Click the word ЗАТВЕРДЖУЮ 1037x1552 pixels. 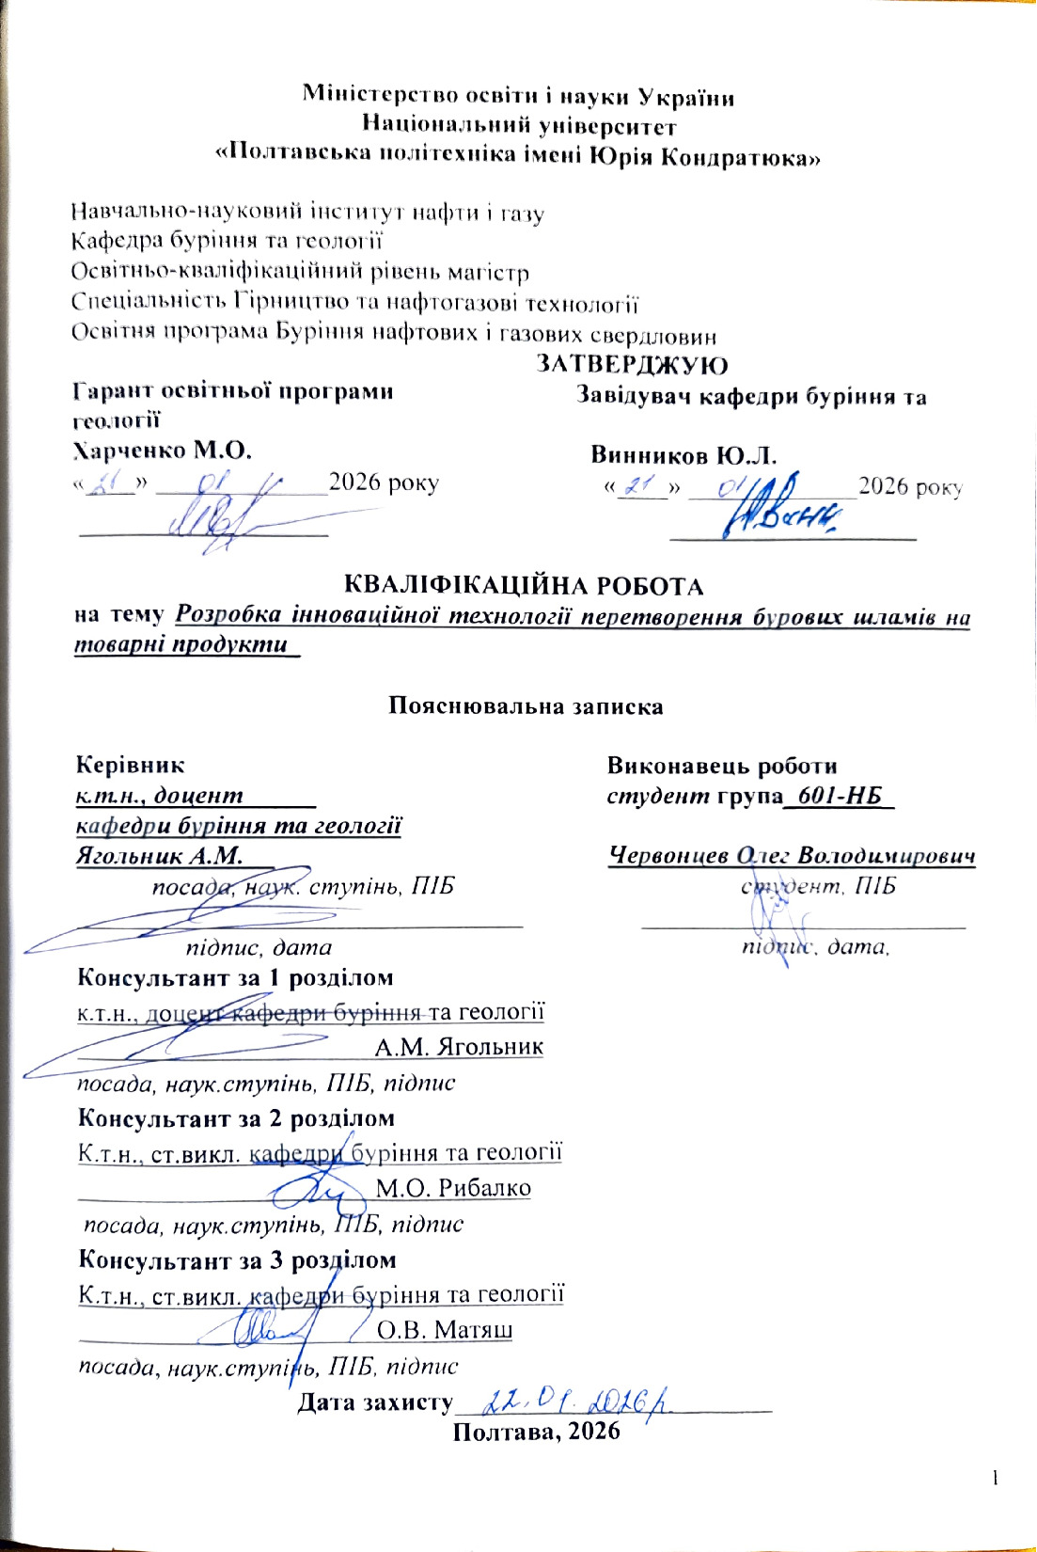pyautogui.click(x=632, y=365)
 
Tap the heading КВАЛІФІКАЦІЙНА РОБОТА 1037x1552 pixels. pyautogui.click(x=524, y=586)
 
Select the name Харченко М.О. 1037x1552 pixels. pyautogui.click(x=162, y=451)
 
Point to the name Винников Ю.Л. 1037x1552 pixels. pyautogui.click(x=683, y=456)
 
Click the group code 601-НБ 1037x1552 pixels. pyautogui.click(x=841, y=797)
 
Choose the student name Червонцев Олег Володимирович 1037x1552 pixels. pyautogui.click(x=792, y=856)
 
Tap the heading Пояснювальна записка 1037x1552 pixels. pyautogui.click(x=526, y=706)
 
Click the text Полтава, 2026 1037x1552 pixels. pyautogui.click(x=536, y=1432)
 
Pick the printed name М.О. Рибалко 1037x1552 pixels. pyautogui.click(x=453, y=1188)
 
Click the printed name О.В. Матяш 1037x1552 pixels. pyautogui.click(x=445, y=1330)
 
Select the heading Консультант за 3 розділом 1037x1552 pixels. pyautogui.click(x=236, y=1259)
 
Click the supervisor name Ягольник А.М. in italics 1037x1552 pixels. pyautogui.click(x=159, y=856)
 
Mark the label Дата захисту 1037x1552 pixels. pyautogui.click(x=375, y=1402)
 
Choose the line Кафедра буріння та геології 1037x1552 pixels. pyautogui.click(x=227, y=242)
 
